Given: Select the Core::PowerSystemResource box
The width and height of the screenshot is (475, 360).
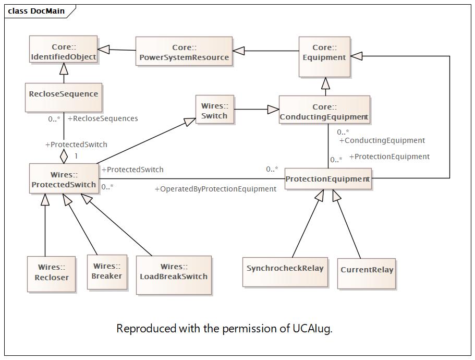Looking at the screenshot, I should coord(184,51).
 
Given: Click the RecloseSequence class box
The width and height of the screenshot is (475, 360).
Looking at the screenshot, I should coord(63,97).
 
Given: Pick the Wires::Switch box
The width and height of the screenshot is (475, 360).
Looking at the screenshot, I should coord(214,110).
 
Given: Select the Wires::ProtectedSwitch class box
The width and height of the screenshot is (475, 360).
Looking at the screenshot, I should coord(64,179).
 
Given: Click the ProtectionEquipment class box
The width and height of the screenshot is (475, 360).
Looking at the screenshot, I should coord(328,178).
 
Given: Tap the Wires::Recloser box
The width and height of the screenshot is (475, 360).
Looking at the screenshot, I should coord(51,273).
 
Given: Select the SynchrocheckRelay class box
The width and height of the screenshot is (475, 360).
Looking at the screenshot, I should coord(285,271).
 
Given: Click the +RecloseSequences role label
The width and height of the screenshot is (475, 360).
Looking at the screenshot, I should coord(103,118).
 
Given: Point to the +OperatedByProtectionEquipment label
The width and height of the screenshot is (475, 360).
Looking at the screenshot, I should coord(215,189).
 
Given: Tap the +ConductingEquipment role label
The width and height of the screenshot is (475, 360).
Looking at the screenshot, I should coord(382,140).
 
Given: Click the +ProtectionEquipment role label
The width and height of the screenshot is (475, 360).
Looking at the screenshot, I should coord(389,157).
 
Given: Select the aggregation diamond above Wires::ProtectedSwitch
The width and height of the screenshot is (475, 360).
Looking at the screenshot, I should coord(64,155).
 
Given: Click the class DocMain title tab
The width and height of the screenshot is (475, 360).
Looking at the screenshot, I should coord(36,10).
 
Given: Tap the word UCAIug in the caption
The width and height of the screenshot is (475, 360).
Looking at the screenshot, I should coord(312,329).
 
